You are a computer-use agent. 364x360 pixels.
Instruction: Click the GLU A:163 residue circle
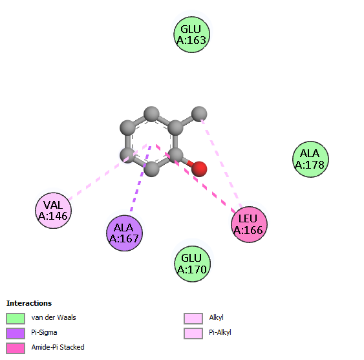pyautogui.click(x=192, y=35)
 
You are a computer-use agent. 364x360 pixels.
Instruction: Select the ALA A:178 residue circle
pyautogui.click(x=310, y=159)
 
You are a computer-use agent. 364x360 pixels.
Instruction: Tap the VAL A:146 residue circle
pyautogui.click(x=53, y=211)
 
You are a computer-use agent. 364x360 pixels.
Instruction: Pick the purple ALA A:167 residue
pyautogui.click(x=124, y=233)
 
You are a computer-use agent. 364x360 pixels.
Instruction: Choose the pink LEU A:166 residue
pyautogui.click(x=249, y=224)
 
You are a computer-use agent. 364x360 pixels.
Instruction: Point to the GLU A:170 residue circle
pyautogui.click(x=192, y=264)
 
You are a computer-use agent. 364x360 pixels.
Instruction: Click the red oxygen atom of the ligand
pyautogui.click(x=199, y=169)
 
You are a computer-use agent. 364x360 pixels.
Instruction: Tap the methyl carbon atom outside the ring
pyautogui.click(x=199, y=114)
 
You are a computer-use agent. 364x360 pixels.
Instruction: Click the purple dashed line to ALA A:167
pyautogui.click(x=141, y=179)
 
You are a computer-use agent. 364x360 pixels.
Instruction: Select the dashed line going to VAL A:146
pyautogui.click(x=107, y=172)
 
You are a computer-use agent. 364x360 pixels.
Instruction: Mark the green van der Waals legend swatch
pyautogui.click(x=16, y=319)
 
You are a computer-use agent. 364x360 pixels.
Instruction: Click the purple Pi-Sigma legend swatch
pyautogui.click(x=16, y=334)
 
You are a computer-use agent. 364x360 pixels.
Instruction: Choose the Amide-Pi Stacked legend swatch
pyautogui.click(x=16, y=348)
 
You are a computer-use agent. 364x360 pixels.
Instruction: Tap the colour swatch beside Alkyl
pyautogui.click(x=193, y=319)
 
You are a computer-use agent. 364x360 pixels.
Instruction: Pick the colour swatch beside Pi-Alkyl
pyautogui.click(x=193, y=334)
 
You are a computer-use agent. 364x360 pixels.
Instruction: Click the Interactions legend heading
pyautogui.click(x=29, y=303)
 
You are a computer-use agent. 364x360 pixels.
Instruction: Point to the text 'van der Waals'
pyautogui.click(x=54, y=317)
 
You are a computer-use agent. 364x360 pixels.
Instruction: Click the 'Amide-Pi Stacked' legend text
pyautogui.click(x=58, y=347)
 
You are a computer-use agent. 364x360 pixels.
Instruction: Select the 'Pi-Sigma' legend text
pyautogui.click(x=44, y=332)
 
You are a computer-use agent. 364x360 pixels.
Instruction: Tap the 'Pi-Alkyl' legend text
pyautogui.click(x=220, y=332)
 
